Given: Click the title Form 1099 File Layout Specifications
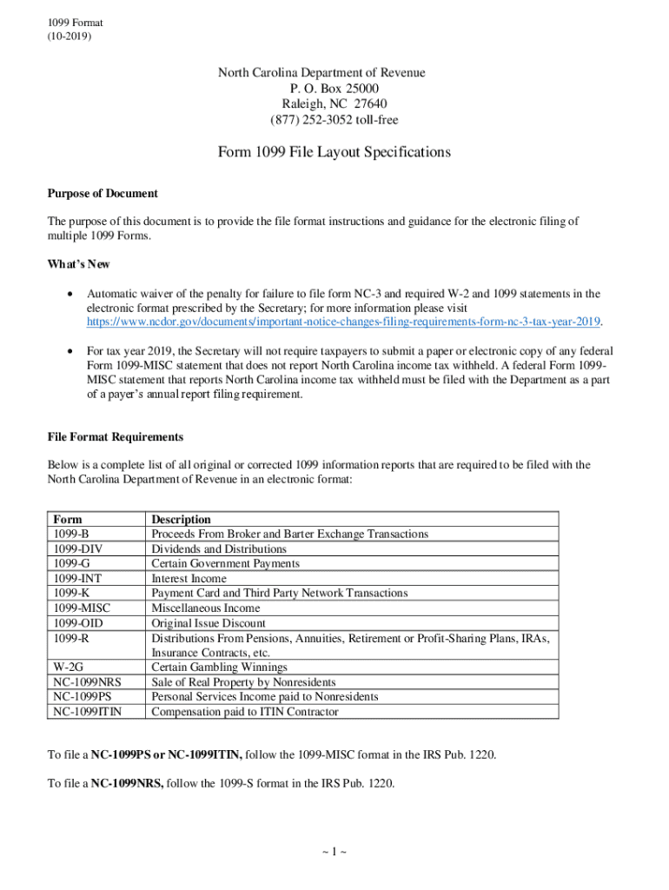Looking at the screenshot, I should click(334, 152).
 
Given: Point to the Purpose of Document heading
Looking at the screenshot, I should click(103, 193).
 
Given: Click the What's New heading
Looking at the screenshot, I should click(78, 264).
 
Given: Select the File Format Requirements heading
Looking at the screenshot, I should click(115, 436).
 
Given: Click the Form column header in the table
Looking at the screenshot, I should click(68, 520).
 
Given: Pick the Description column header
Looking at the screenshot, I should click(181, 520).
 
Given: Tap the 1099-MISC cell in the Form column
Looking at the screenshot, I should click(81, 608).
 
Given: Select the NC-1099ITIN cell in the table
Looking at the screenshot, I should click(87, 712).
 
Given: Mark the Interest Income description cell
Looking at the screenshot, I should click(189, 579).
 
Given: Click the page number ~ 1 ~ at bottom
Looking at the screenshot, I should click(334, 852).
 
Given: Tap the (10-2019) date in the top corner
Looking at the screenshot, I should click(70, 37).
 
